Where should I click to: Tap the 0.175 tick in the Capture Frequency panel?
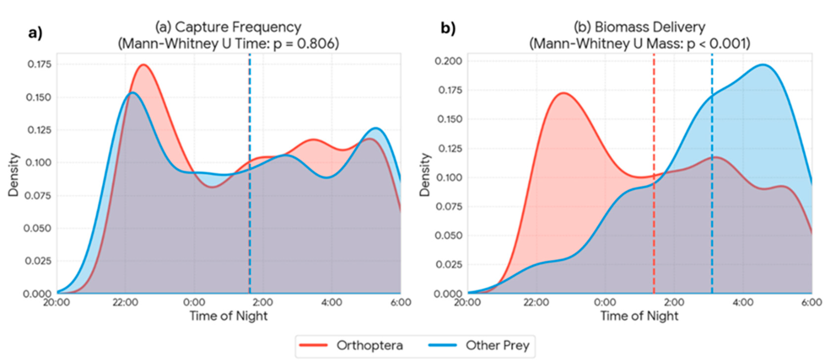click(39, 64)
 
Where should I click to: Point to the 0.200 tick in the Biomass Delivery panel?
click(448, 61)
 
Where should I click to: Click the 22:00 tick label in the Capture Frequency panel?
click(125, 303)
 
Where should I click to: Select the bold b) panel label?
click(448, 29)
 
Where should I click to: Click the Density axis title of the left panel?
click(14, 175)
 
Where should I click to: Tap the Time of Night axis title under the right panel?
click(639, 316)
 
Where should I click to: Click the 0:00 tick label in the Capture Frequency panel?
click(194, 303)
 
